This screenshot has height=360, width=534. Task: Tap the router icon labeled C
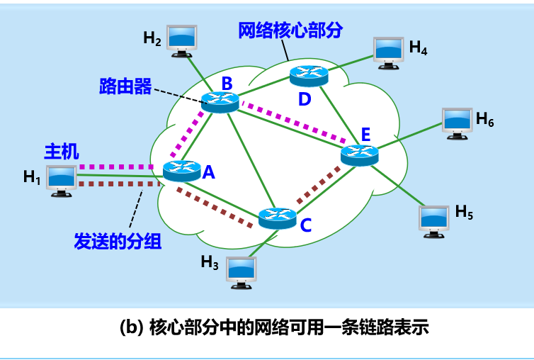(277, 218)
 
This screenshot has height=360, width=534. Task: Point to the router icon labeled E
(360, 154)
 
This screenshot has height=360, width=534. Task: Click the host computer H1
(62, 180)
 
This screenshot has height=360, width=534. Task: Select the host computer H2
(181, 40)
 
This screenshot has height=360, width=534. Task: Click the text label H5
(463, 211)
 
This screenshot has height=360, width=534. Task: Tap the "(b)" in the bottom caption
(132, 328)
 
